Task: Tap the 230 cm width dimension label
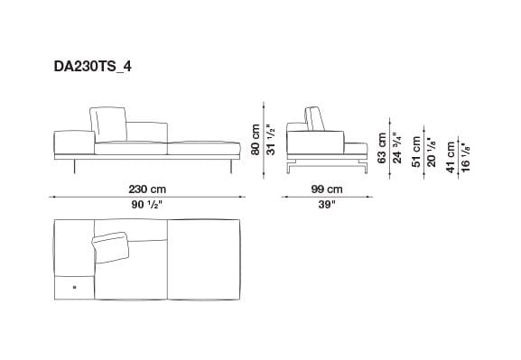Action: tap(147, 189)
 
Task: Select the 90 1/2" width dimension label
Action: tap(147, 206)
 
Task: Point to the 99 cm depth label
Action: tap(327, 189)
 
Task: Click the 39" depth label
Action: tap(327, 206)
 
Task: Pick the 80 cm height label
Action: tap(256, 141)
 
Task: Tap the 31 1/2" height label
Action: tap(270, 141)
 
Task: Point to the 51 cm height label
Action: tap(417, 151)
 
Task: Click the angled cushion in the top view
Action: tap(111, 245)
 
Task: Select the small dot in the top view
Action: tap(71, 288)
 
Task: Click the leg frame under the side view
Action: tap(328, 165)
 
